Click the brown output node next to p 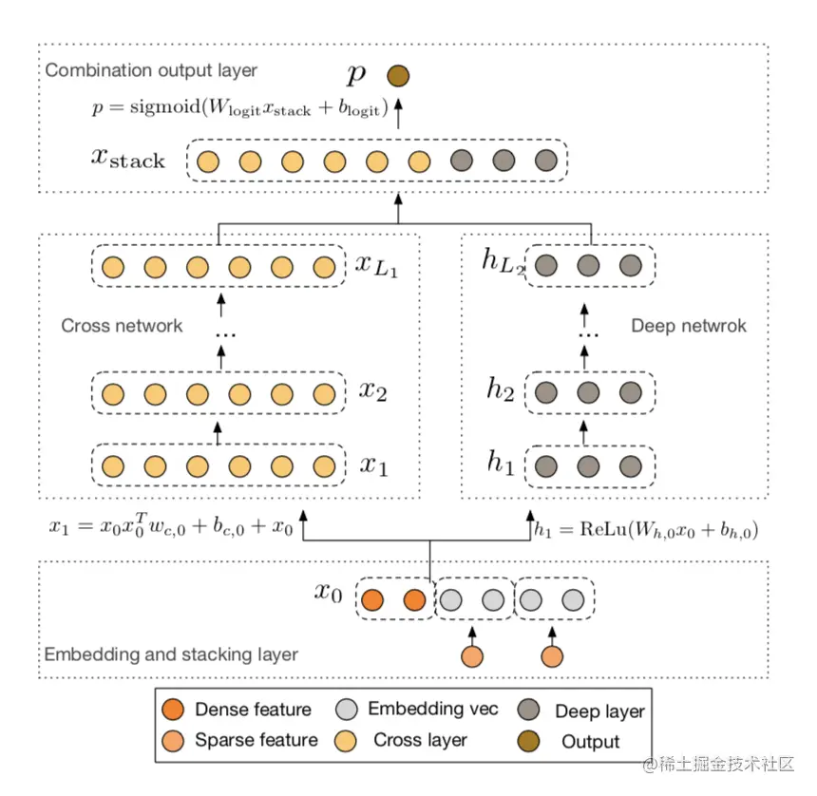point(398,76)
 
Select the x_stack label point(128,159)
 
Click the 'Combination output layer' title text point(151,70)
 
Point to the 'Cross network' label point(122,326)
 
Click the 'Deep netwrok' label point(689,326)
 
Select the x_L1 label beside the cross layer point(376,265)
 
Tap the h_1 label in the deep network point(501,464)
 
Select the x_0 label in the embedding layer point(328,594)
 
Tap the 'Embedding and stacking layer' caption point(171,654)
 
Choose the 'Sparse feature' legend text point(256,740)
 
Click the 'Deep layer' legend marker point(529,710)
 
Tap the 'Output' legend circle point(529,741)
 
